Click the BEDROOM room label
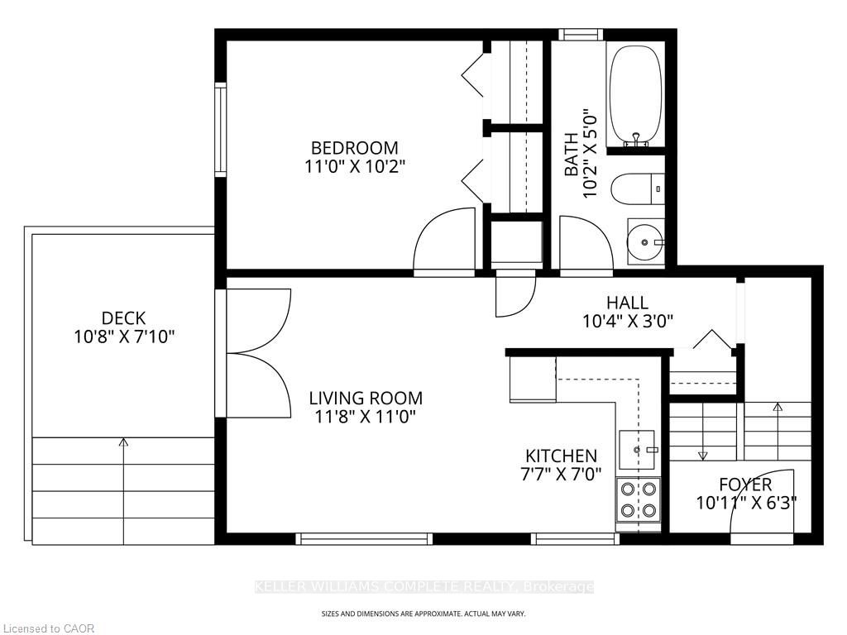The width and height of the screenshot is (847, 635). tap(354, 147)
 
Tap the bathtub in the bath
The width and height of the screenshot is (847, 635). tap(635, 94)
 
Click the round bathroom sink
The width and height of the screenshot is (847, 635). tap(645, 242)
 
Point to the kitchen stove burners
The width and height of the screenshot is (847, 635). tap(638, 499)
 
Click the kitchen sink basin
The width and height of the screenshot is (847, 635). tap(637, 449)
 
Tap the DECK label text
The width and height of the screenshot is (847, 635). tap(124, 317)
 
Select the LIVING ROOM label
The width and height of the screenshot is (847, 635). tap(366, 399)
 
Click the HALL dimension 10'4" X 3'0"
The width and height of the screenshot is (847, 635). tap(627, 322)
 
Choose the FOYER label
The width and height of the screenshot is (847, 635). tap(745, 485)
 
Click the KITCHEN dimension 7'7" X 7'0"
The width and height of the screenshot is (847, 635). tap(561, 475)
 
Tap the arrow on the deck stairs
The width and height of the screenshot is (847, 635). tap(124, 491)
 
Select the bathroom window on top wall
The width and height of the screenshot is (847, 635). tap(581, 35)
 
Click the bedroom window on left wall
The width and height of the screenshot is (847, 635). tap(220, 130)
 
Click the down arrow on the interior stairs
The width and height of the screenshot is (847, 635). tap(702, 431)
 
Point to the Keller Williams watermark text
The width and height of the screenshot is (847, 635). tap(424, 587)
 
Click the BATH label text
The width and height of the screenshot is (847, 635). tap(571, 155)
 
